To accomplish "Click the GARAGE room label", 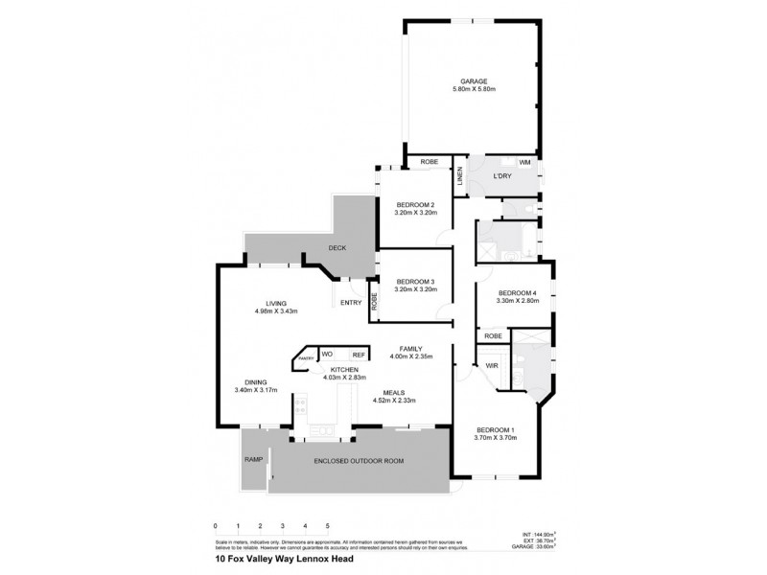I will (473, 80).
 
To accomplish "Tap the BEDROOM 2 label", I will (416, 204).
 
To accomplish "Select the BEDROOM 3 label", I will (416, 281).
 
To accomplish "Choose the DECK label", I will (337, 248).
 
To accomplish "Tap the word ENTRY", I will (351, 303).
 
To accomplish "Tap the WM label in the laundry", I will (524, 163).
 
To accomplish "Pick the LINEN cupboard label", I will (459, 175).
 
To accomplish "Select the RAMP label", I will (252, 460).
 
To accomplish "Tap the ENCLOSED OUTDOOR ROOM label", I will (359, 461).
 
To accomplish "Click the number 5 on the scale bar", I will (327, 526).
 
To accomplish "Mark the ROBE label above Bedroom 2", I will (430, 162).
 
